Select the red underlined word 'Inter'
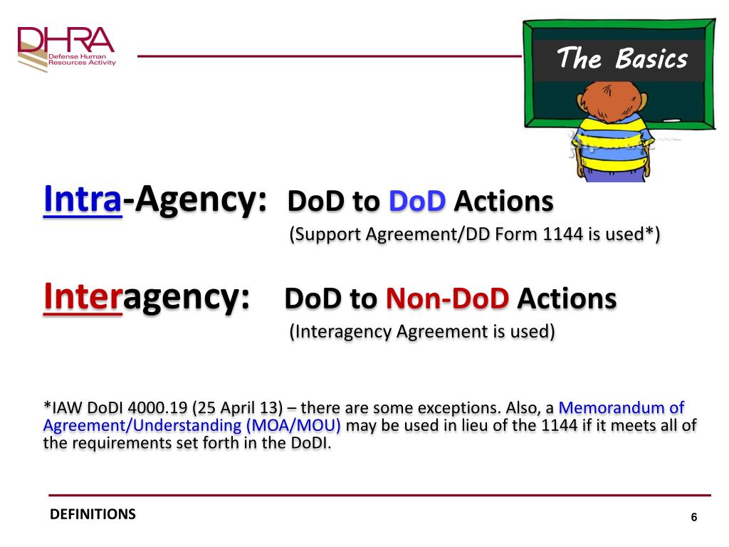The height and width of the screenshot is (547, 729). click(83, 297)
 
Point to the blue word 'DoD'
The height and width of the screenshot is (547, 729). click(417, 202)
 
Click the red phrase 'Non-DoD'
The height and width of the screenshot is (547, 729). click(447, 300)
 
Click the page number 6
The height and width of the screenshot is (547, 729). click(694, 518)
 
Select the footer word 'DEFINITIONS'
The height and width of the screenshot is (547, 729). click(93, 514)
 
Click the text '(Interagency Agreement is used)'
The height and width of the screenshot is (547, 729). click(421, 332)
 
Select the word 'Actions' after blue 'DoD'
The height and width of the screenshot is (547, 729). click(503, 202)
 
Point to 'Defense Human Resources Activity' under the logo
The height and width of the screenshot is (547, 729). click(82, 59)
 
